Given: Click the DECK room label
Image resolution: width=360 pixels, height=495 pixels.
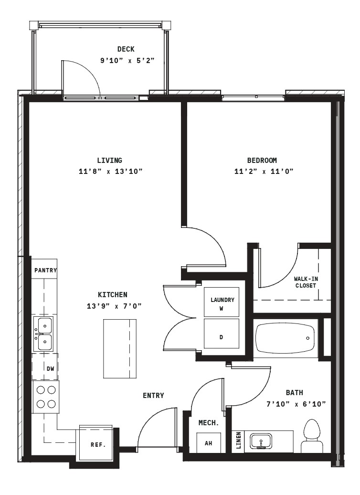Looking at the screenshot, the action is (126, 49).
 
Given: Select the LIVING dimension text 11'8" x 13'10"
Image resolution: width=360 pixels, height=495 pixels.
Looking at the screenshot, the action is (111, 172).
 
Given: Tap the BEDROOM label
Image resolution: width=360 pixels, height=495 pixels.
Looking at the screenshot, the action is (262, 161).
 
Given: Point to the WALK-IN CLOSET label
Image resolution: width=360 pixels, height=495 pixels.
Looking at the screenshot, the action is (306, 282).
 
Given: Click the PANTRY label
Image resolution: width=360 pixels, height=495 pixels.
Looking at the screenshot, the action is (45, 270).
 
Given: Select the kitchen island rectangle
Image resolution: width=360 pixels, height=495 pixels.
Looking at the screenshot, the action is (120, 348).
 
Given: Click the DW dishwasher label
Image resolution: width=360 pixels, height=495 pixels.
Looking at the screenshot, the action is (50, 368).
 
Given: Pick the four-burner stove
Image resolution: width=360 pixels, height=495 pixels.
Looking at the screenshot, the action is (46, 397).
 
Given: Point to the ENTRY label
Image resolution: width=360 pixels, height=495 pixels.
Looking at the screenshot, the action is (153, 395).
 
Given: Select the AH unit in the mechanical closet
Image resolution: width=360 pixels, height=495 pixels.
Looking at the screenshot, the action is (209, 442).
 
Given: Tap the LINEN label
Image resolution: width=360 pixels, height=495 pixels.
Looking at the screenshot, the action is (239, 441).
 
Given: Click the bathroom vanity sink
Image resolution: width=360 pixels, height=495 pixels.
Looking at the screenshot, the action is (261, 441).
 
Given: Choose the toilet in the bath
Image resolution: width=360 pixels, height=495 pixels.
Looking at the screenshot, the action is (312, 436).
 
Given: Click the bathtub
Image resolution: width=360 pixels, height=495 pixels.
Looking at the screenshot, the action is (286, 338).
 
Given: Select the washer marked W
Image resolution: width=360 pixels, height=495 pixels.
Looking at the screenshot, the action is (222, 302).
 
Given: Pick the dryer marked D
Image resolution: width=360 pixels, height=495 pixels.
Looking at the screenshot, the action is (222, 334).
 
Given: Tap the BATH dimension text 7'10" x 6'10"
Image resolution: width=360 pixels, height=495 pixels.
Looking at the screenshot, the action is (296, 404).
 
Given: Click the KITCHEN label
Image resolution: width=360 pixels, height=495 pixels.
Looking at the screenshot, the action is (113, 294).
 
